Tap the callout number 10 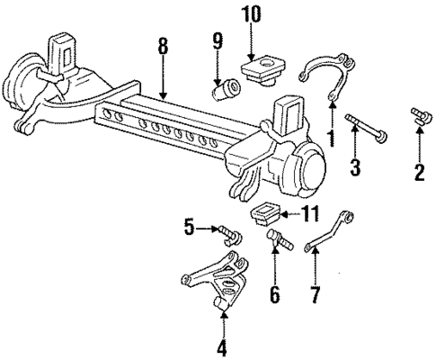[x=250, y=16]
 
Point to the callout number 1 [x=330, y=139]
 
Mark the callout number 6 [x=275, y=293]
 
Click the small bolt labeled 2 [x=418, y=118]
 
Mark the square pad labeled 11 [x=267, y=214]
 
